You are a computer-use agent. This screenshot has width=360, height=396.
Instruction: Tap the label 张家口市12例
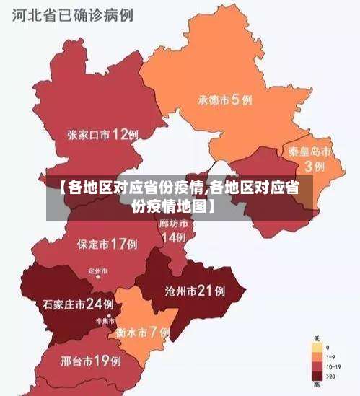[x=102, y=134]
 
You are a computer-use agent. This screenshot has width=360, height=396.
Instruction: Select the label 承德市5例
[x=225, y=100]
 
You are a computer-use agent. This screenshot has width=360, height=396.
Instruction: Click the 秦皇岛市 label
[x=309, y=152]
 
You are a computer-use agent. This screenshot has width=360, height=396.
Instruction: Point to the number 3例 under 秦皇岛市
[x=314, y=166]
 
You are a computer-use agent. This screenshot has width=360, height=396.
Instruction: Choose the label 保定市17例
[x=107, y=244]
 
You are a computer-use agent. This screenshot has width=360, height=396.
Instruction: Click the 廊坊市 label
[x=173, y=224]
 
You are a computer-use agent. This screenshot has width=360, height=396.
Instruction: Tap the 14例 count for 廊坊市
[x=173, y=237]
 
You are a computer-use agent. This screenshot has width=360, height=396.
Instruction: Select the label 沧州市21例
[x=195, y=291]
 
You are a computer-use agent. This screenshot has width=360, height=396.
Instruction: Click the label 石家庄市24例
[x=78, y=304]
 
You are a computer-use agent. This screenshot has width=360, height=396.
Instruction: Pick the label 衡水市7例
[x=142, y=333]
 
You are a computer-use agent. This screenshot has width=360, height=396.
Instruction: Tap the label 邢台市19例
[x=90, y=359]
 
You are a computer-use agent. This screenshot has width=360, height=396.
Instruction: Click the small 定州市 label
[x=97, y=270]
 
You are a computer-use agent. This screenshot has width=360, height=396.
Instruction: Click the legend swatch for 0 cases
[x=316, y=348]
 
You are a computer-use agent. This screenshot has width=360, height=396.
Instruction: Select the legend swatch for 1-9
[x=316, y=357]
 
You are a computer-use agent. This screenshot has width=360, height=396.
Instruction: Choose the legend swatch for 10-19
[x=316, y=366]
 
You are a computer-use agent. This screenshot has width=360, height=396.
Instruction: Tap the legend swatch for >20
[x=316, y=376]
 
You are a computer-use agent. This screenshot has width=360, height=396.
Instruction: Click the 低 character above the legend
[x=316, y=338]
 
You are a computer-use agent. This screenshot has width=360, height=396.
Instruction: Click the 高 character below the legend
[x=316, y=386]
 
